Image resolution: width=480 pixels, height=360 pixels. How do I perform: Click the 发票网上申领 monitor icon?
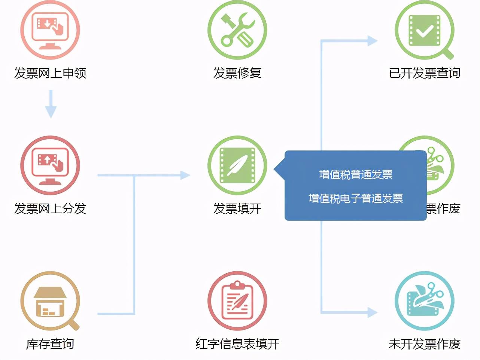[50, 30]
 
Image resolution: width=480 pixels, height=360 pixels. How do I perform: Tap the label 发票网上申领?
[50, 73]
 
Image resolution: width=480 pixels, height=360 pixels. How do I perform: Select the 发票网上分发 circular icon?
[50, 165]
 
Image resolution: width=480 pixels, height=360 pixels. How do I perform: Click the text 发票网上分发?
[50, 208]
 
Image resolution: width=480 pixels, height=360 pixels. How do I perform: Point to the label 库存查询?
[50, 344]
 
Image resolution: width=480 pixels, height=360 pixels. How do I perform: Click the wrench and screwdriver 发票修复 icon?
[237, 30]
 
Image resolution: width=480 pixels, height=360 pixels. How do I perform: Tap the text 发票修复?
[237, 73]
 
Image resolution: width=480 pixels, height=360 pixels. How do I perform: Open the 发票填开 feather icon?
[237, 165]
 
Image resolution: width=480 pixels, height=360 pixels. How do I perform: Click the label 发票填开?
[237, 208]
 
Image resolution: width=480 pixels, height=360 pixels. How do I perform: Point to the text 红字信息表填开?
[237, 344]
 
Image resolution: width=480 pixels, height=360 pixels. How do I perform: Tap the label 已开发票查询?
[425, 73]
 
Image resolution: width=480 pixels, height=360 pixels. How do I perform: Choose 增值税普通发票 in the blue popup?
[356, 174]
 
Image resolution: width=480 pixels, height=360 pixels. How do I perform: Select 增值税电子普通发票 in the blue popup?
[356, 198]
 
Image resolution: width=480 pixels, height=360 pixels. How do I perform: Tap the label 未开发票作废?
[425, 344]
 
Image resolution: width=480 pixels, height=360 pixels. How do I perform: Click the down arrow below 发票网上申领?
[51, 105]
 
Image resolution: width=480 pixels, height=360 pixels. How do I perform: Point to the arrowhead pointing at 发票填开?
[185, 175]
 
